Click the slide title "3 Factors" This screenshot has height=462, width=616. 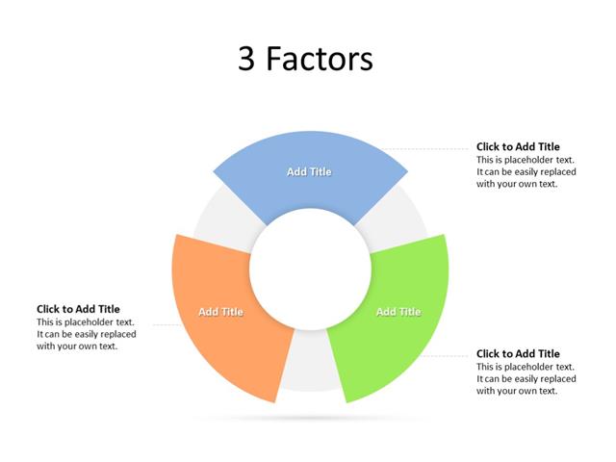coord(305,60)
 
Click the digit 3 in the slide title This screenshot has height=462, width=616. coord(247,60)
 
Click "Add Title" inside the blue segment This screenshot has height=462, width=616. coord(309,171)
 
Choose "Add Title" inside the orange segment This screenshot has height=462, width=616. coord(220,312)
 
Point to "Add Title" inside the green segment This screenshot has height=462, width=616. coord(398,312)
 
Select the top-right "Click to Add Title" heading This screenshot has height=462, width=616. coord(518,147)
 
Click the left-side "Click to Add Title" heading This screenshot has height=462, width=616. coord(79,309)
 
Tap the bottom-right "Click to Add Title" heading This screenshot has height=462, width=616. coord(518,354)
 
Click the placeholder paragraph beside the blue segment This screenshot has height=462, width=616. coord(526,172)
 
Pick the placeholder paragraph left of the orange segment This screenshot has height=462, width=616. coord(87,334)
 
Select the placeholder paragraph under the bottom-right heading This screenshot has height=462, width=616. coord(526,379)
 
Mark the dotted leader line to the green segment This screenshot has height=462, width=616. coord(452,356)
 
